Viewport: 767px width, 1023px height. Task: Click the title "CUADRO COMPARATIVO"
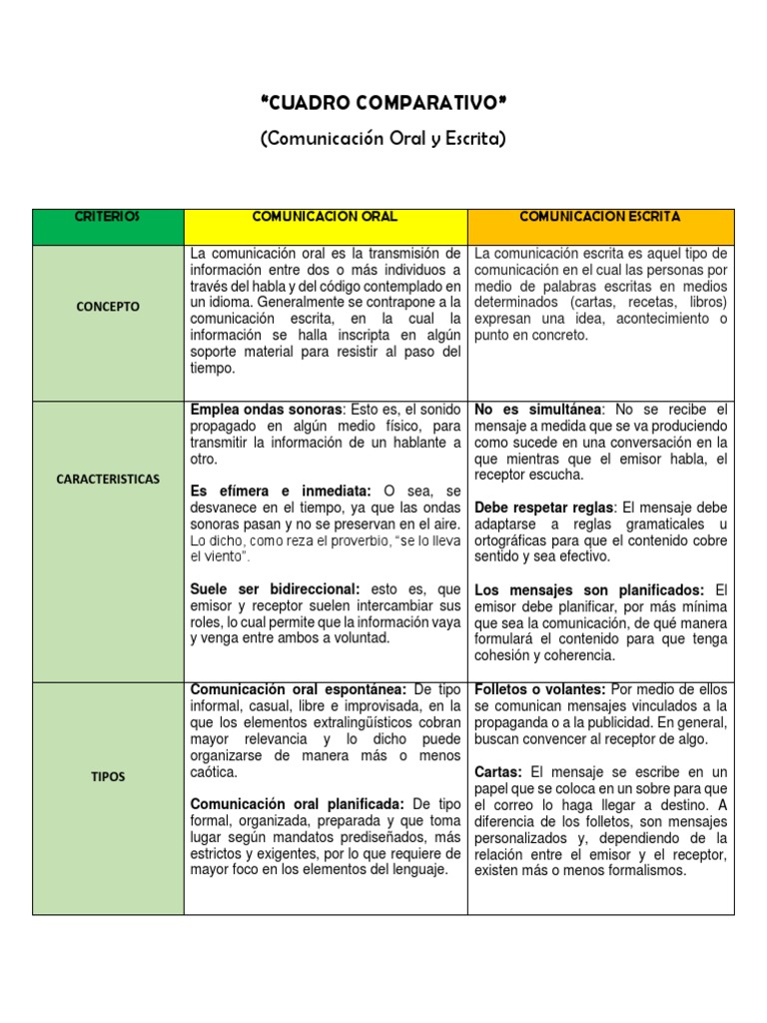(383, 103)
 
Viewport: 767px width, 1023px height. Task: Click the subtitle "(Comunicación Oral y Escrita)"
(383, 138)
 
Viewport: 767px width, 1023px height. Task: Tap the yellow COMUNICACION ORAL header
(325, 217)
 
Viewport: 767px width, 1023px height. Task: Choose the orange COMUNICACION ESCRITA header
(600, 217)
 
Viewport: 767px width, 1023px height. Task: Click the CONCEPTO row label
(108, 307)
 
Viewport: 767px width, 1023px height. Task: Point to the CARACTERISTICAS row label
(108, 479)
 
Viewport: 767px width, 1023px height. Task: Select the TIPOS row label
(108, 776)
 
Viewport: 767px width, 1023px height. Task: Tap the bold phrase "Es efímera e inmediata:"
(280, 492)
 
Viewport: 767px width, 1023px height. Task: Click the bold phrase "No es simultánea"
(538, 410)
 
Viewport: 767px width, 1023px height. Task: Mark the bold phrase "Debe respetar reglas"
(545, 508)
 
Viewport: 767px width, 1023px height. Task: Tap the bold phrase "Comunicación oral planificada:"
(297, 803)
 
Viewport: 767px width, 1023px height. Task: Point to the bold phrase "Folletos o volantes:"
(539, 689)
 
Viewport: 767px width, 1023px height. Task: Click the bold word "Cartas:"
(501, 772)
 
